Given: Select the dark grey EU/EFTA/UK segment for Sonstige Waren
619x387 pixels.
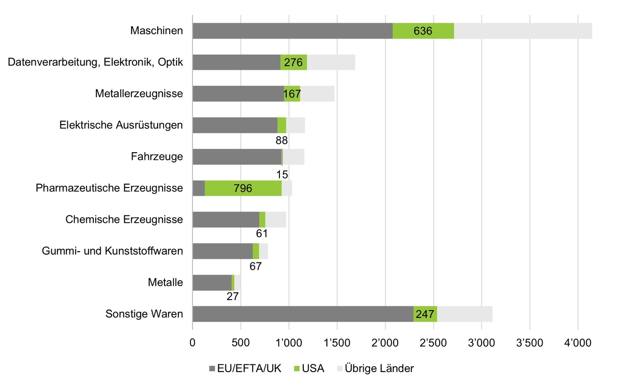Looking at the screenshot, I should click(x=303, y=314).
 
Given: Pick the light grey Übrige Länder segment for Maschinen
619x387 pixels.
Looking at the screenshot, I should click(x=523, y=31).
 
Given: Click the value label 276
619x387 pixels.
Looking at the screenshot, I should click(x=293, y=63).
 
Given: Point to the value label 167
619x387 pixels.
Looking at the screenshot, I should click(x=292, y=94).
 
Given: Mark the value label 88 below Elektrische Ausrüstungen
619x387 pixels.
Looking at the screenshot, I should click(x=281, y=141).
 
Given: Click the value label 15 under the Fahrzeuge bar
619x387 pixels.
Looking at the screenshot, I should click(x=282, y=174).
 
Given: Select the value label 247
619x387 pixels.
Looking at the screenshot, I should click(x=425, y=315).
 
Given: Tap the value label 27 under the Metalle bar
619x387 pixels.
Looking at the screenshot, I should click(x=233, y=296).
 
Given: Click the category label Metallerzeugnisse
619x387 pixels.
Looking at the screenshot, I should click(x=139, y=94).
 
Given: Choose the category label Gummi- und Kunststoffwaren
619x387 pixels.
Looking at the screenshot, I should click(x=112, y=251).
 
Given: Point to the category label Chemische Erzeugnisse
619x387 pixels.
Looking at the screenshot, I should click(x=124, y=219).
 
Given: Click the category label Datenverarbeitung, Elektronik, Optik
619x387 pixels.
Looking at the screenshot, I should click(x=96, y=62).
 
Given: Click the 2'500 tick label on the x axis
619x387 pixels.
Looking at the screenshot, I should click(x=433, y=344).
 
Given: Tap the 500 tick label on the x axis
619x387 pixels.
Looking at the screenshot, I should click(x=240, y=344).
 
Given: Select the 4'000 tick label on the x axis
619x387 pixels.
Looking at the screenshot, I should click(x=578, y=344).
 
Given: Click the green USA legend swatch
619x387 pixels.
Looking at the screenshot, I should click(x=298, y=369).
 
